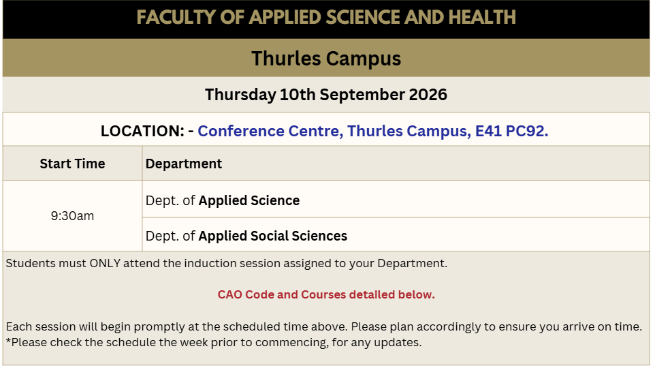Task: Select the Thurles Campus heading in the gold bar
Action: (x=326, y=58)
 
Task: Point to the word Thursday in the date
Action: (x=240, y=95)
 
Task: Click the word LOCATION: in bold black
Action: (x=142, y=132)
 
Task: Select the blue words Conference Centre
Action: (x=271, y=132)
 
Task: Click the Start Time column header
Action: (x=72, y=164)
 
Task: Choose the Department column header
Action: (x=184, y=164)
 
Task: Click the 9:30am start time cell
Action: (x=72, y=216)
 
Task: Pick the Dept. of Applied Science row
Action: (x=223, y=201)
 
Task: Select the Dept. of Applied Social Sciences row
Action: (x=246, y=236)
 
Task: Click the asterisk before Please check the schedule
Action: (x=8, y=341)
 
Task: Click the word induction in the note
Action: (x=207, y=263)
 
